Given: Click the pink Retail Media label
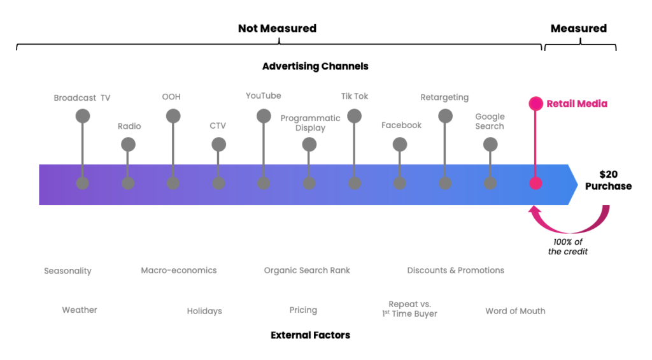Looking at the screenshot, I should (x=577, y=104).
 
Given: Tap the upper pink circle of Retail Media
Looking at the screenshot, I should (x=535, y=103).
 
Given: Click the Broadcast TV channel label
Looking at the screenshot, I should (x=81, y=97).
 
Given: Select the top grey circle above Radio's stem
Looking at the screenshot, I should (x=128, y=145).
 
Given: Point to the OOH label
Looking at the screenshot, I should (x=171, y=97).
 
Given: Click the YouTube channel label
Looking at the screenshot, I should (x=263, y=96).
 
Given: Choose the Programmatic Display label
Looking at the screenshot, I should (x=310, y=123).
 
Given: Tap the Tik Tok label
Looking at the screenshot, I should (x=355, y=96).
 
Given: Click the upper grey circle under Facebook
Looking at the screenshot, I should (x=400, y=145).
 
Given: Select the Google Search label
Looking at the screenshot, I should (x=490, y=121).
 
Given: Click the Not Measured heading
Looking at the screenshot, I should (x=277, y=29).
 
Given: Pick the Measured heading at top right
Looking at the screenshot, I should (x=578, y=29).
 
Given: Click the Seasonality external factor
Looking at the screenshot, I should (x=67, y=271).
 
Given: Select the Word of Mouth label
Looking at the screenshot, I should (x=515, y=311).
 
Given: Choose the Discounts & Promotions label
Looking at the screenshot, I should (x=455, y=270).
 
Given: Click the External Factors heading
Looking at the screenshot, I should (x=310, y=335).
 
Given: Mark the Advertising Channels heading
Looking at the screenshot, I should (x=315, y=66).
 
